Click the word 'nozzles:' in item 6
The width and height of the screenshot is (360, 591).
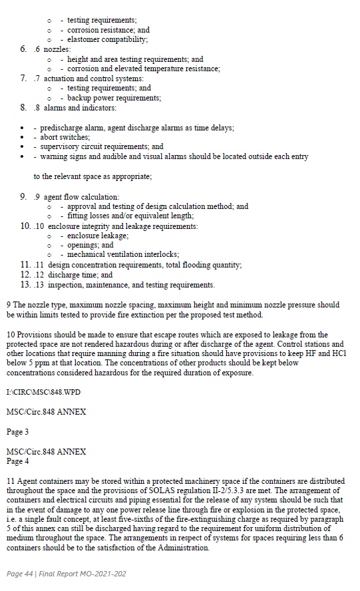pos(57,49)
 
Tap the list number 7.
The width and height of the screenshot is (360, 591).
pos(23,79)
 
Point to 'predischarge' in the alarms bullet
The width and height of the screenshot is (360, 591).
pos(63,127)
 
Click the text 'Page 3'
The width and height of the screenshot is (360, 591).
pos(17,432)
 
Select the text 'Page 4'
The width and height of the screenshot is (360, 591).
pos(17,461)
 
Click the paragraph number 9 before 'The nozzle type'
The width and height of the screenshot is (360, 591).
pos(9,305)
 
